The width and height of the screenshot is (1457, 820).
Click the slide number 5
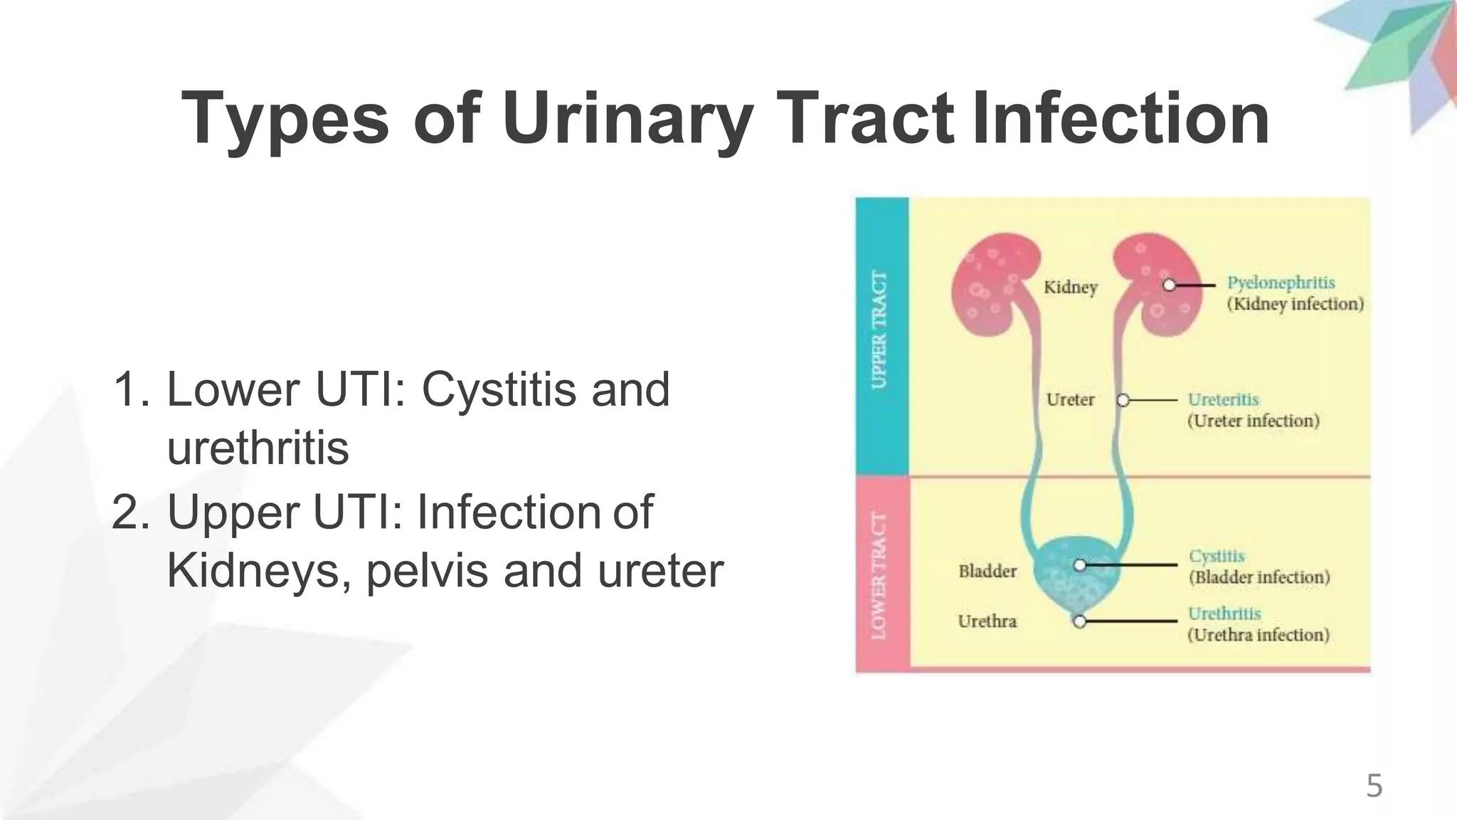pyautogui.click(x=1374, y=787)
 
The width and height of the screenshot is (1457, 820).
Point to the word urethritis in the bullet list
pyautogui.click(x=258, y=448)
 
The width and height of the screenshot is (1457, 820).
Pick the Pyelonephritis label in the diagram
pyautogui.click(x=1281, y=283)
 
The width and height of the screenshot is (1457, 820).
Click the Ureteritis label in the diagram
pyautogui.click(x=1224, y=399)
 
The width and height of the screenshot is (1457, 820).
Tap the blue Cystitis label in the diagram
pyautogui.click(x=1217, y=556)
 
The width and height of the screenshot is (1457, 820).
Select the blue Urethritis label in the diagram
pyautogui.click(x=1224, y=614)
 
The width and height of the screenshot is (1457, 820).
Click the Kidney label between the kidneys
pyautogui.click(x=1071, y=287)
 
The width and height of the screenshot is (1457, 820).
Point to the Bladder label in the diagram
pyautogui.click(x=987, y=571)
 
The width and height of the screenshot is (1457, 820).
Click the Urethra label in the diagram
pyautogui.click(x=987, y=621)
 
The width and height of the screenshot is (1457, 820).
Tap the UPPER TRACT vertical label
pyautogui.click(x=881, y=330)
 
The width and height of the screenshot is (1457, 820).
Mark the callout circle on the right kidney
pyautogui.click(x=1169, y=285)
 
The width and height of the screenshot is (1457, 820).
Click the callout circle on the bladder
pyautogui.click(x=1079, y=565)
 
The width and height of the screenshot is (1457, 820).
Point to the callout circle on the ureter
pyautogui.click(x=1123, y=400)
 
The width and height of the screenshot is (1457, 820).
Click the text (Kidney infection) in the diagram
pyautogui.click(x=1295, y=305)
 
